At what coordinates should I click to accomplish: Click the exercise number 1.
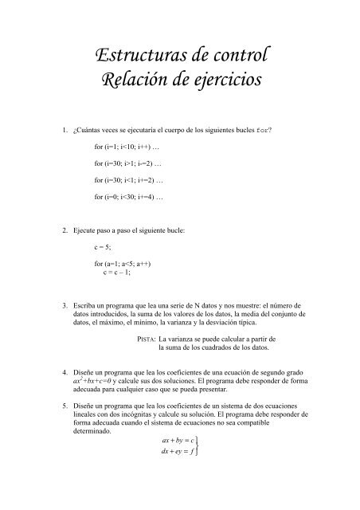point(53,129)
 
